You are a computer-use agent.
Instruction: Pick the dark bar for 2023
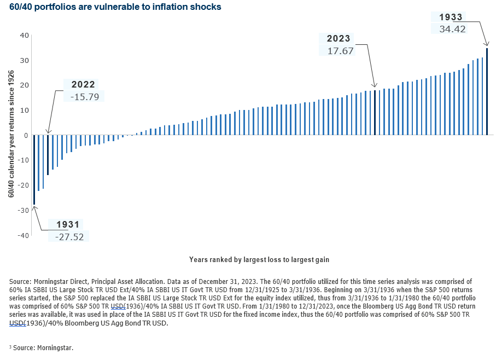pos(375,112)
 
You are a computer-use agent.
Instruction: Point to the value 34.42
pos(452,29)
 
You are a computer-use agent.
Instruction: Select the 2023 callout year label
pos(339,39)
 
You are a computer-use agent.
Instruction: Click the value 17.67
pos(340,51)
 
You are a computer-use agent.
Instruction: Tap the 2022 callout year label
pos(83,84)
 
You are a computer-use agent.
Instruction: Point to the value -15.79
pos(83,96)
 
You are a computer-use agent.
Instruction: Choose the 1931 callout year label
pos(67,224)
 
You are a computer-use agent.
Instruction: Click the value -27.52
pos(68,236)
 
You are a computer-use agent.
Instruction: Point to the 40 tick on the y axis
pos(24,35)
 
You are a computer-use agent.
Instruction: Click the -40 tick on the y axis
pos(23,235)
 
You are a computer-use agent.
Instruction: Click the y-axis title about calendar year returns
pos(11,135)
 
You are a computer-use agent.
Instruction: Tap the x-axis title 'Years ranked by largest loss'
pos(259,259)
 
